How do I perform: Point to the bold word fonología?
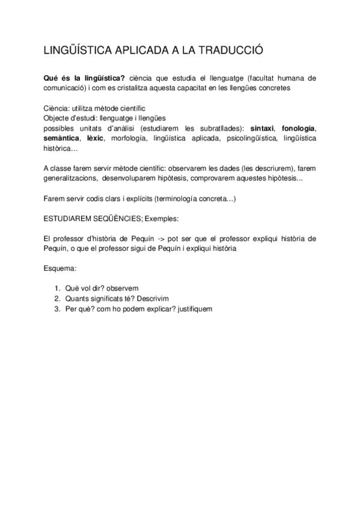(297, 129)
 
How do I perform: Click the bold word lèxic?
(96, 138)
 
